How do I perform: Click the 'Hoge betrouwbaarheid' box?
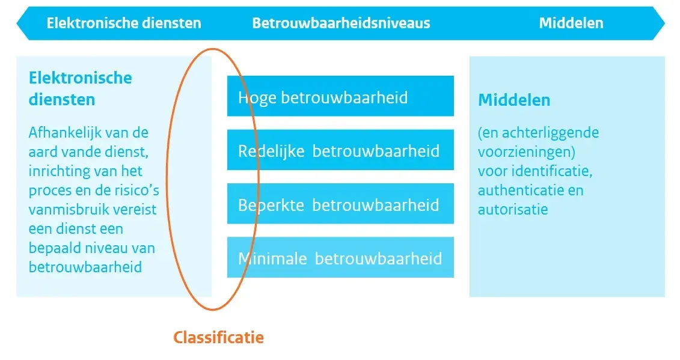(x=340, y=96)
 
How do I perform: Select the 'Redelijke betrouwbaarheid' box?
(x=340, y=150)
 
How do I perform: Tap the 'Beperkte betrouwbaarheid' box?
(x=340, y=204)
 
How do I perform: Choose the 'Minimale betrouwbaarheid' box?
(x=340, y=258)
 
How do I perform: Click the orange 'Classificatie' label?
(x=218, y=337)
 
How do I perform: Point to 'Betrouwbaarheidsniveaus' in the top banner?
(x=341, y=23)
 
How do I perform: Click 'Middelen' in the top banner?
(x=571, y=23)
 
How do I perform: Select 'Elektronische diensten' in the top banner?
(x=124, y=23)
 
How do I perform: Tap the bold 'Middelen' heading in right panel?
(x=514, y=100)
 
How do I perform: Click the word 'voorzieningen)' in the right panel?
(x=527, y=151)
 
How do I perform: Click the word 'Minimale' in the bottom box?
(x=273, y=258)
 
